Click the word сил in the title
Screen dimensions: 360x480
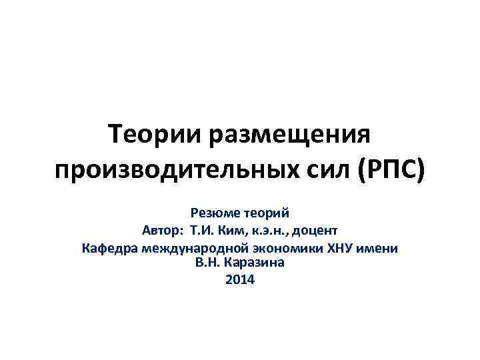pos(323,171)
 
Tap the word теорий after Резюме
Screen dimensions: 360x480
pos(266,213)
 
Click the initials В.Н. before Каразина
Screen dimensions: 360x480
pos(206,263)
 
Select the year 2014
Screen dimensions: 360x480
pos(240,280)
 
